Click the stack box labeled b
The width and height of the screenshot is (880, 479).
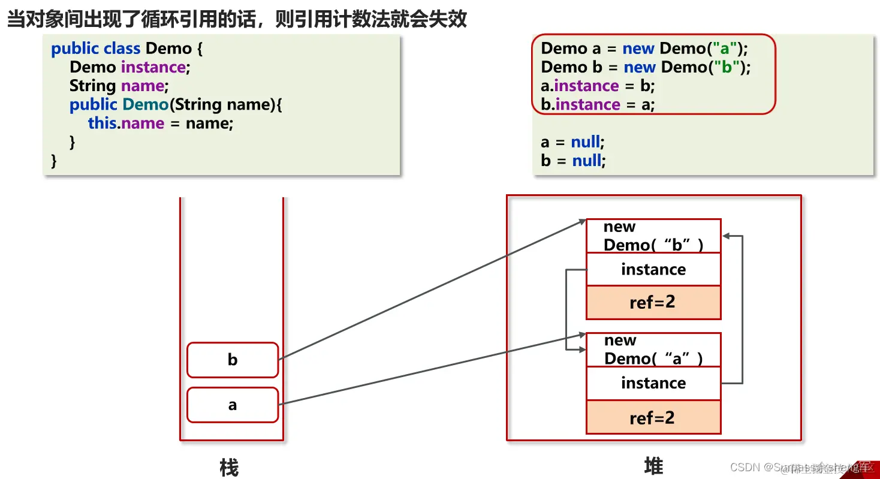233,360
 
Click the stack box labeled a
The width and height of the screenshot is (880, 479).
233,405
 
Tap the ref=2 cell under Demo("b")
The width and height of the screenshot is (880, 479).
653,302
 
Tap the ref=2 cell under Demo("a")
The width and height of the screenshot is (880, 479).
653,417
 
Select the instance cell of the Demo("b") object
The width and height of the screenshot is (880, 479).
653,269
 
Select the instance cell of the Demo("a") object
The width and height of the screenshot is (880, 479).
653,383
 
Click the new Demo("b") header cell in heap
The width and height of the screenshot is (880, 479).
653,236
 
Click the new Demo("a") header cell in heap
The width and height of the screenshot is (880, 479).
653,350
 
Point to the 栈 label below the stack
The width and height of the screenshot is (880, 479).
229,467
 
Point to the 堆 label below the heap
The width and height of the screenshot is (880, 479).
653,466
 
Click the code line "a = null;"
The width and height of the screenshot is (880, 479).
572,142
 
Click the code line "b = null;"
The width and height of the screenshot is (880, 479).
572,161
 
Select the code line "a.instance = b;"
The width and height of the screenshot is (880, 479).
598,86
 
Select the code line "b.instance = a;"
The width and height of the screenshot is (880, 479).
598,104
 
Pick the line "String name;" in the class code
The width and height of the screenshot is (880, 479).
119,86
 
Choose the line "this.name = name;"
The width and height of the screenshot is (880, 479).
160,123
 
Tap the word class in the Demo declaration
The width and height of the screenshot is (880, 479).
122,49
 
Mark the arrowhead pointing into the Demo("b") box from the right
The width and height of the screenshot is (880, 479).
725,236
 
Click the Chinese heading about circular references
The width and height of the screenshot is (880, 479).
236,19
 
